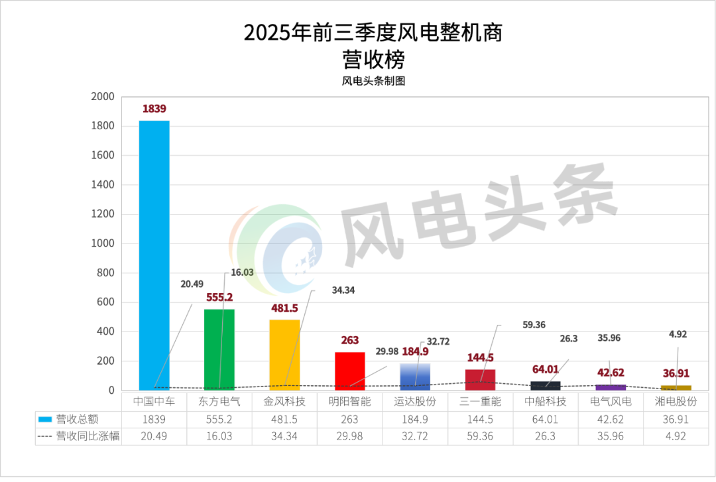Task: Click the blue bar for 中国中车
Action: point(154,255)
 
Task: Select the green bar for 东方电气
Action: point(219,349)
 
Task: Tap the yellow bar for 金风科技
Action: point(284,355)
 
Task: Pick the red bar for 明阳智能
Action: point(349,371)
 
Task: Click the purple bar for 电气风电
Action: point(611,387)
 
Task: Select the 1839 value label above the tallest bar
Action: point(154,109)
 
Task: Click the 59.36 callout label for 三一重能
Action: point(515,325)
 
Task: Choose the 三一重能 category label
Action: point(481,401)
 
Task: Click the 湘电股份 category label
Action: point(676,401)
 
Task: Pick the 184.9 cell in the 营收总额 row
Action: point(415,419)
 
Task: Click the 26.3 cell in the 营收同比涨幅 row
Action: point(546,436)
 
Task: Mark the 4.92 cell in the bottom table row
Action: point(676,436)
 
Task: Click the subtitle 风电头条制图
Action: point(373,82)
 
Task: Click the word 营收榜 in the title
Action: point(373,60)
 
